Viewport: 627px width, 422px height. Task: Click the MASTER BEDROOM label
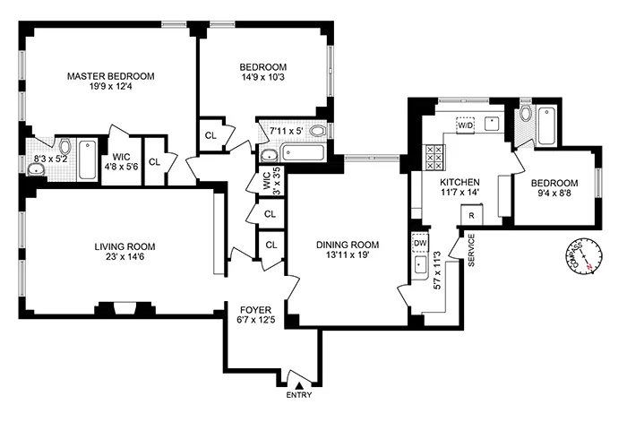pos(111,77)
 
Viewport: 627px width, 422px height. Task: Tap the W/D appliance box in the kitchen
pos(467,125)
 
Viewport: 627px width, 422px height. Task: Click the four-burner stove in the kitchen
pos(434,158)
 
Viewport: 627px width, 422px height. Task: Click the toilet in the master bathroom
pos(64,146)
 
